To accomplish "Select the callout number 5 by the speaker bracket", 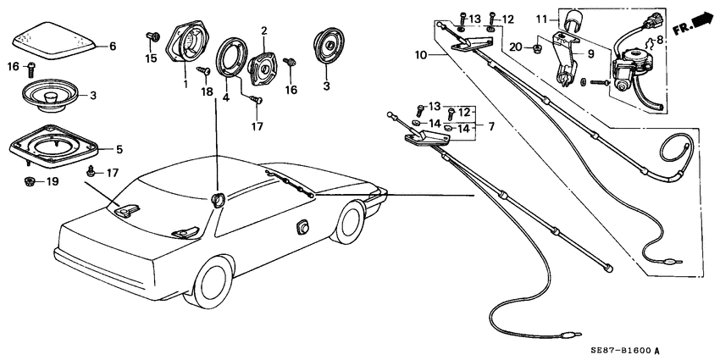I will click(119, 150).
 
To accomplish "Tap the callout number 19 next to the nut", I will click(50, 182).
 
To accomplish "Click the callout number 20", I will click(516, 47).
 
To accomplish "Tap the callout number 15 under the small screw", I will click(151, 58).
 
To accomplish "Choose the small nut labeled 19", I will click(28, 181).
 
